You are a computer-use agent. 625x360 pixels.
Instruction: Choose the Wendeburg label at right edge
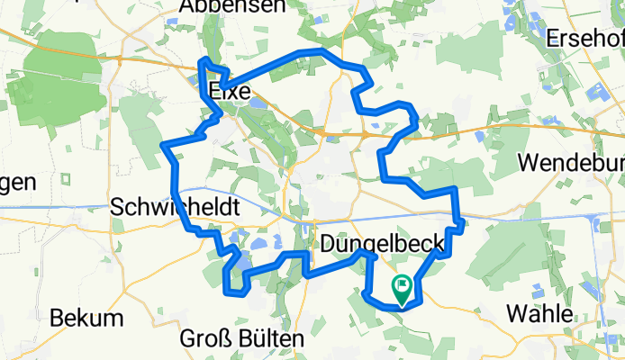573,165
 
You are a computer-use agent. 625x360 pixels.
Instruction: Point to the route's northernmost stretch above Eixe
311,52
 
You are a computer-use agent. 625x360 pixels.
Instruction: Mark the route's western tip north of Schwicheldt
164,145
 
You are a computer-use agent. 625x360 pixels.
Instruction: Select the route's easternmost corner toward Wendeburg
460,221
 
